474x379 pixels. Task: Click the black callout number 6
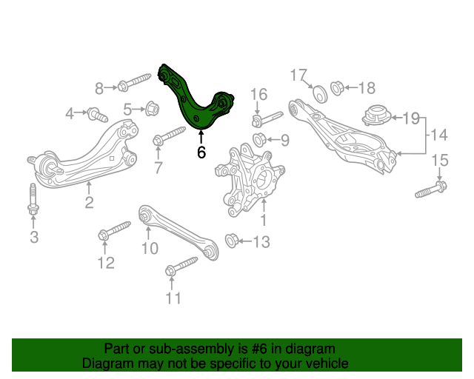pos(201,152)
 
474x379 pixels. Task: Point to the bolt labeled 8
pos(134,82)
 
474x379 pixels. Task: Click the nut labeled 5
pos(152,109)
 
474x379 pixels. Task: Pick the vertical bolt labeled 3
pos(33,199)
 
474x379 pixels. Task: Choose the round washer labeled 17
pos(320,94)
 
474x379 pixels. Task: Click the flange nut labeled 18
pos(337,88)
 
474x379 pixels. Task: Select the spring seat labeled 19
pos(377,115)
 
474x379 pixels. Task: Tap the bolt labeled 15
pos(431,189)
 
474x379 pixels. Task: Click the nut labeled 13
pos(232,241)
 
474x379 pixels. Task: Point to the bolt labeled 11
pos(181,265)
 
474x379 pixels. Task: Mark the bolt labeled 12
pos(114,231)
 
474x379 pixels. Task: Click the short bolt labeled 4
pos(97,114)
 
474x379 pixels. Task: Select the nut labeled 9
pos(259,140)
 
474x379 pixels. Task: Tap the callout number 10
pos(150,249)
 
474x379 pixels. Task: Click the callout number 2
pos(89,203)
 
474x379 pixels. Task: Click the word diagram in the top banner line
pos(308,349)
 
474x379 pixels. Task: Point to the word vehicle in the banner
pos(327,363)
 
